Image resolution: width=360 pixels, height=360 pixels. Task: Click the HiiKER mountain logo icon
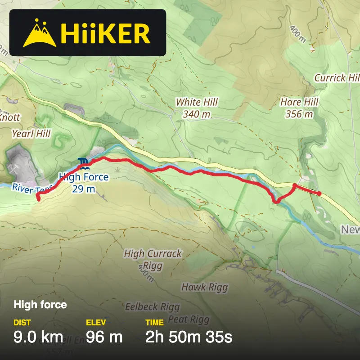(39, 33)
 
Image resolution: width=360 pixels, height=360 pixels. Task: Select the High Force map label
(84, 177)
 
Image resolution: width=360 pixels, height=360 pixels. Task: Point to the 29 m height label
(84, 189)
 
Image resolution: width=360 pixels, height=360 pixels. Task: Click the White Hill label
(197, 103)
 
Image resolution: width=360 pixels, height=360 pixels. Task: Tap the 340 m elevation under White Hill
(197, 114)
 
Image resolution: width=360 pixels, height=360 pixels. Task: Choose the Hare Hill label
(299, 103)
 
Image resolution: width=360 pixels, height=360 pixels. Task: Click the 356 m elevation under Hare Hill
(299, 114)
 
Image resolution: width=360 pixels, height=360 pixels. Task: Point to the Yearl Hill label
(31, 134)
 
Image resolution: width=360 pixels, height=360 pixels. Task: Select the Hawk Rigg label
(204, 287)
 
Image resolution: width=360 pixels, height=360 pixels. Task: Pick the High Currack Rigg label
(153, 259)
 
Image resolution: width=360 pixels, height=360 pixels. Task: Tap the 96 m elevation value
(104, 337)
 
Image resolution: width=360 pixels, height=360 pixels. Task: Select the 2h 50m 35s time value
(189, 337)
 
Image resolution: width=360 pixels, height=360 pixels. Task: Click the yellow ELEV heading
(95, 322)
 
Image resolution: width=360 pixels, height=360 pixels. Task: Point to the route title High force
(40, 305)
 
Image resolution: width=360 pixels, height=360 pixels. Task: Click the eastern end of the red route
(319, 193)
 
